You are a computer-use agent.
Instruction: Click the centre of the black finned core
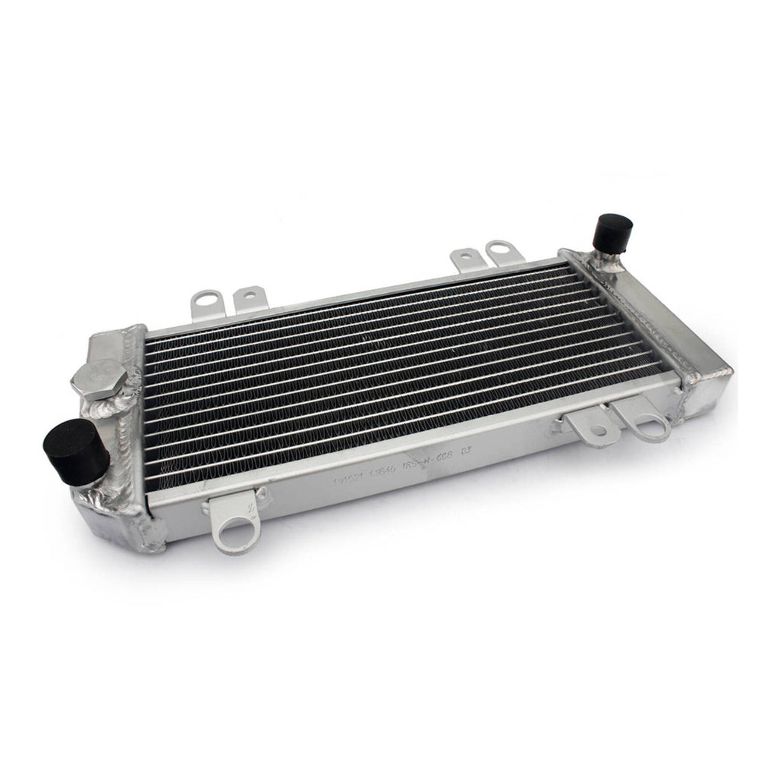coord(402,372)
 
